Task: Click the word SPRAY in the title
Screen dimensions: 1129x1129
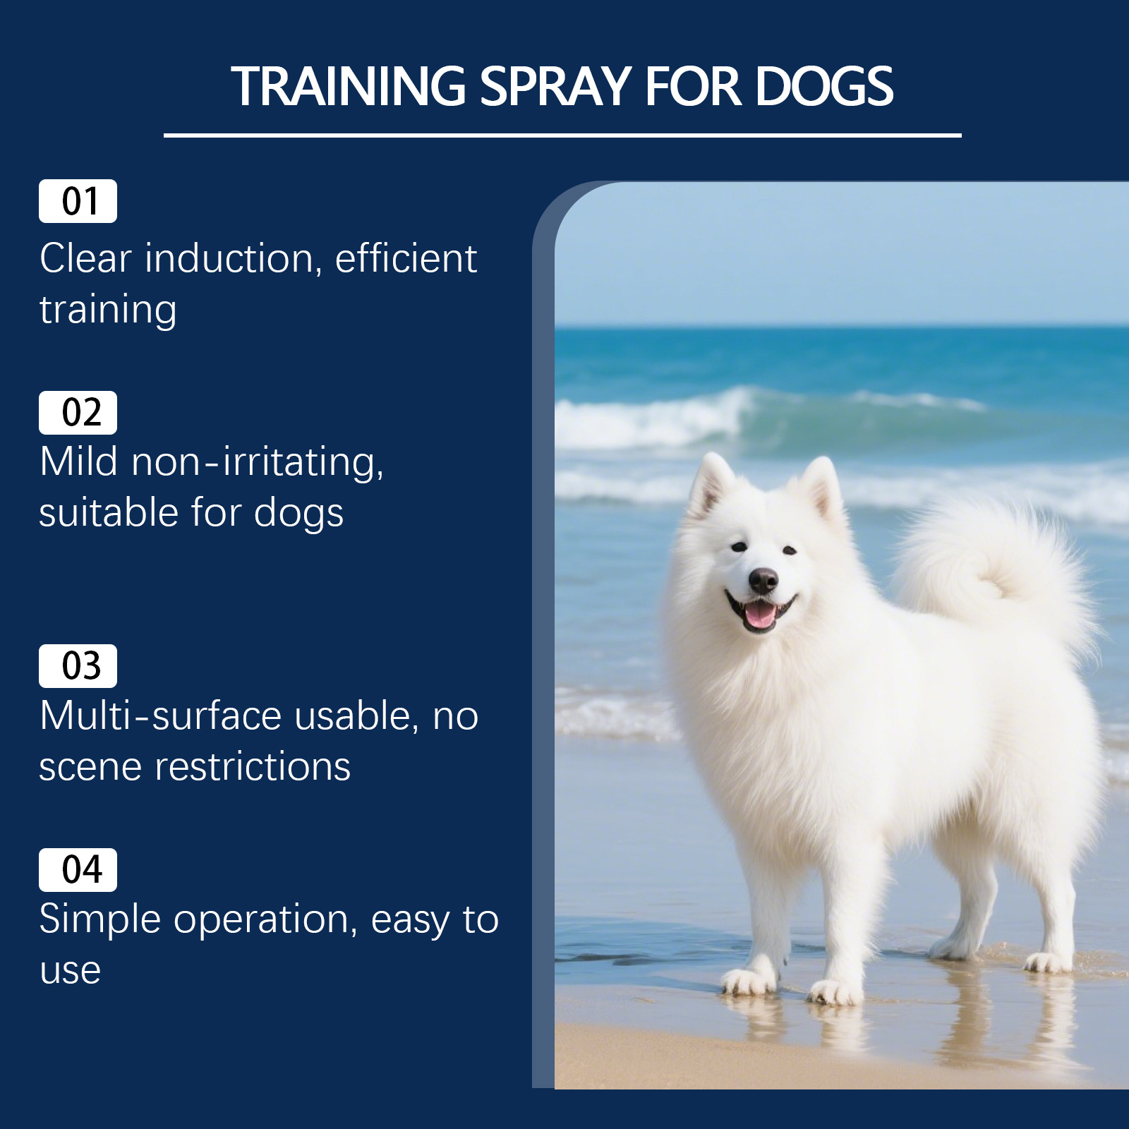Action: pyautogui.click(x=555, y=87)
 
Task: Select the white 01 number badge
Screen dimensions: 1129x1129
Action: pyautogui.click(x=78, y=201)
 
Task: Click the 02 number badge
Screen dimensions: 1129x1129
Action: pyautogui.click(x=78, y=413)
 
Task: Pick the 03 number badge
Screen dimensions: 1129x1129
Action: pyautogui.click(x=78, y=666)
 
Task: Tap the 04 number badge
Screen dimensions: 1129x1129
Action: pyautogui.click(x=78, y=870)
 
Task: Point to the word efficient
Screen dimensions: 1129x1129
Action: pyautogui.click(x=406, y=258)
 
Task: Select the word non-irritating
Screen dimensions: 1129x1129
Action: pyautogui.click(x=258, y=462)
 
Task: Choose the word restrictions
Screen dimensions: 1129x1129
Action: pyautogui.click(x=253, y=767)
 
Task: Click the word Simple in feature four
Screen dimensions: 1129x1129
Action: pyautogui.click(x=100, y=920)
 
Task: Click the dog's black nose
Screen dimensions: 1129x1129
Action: pyautogui.click(x=763, y=580)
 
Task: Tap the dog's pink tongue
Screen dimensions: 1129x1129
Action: pyautogui.click(x=761, y=613)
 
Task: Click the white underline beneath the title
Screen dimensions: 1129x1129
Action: pyautogui.click(x=562, y=135)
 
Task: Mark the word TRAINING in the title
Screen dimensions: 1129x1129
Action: pyautogui.click(x=349, y=87)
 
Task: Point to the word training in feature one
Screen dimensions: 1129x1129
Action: pyautogui.click(x=108, y=310)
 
